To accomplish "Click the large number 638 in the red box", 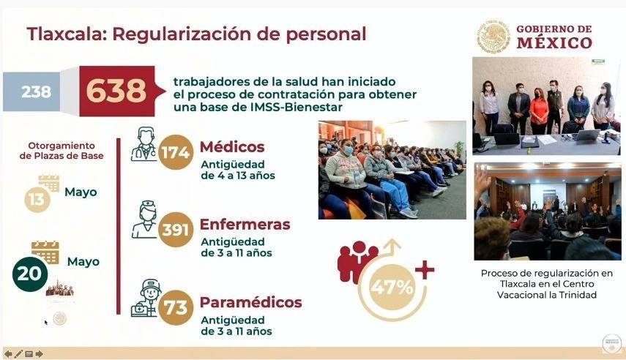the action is pyautogui.click(x=116, y=91).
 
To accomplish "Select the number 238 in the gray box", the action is pyautogui.click(x=37, y=91).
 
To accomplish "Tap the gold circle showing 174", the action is pyautogui.click(x=176, y=152).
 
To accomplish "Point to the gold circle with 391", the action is pyautogui.click(x=176, y=230).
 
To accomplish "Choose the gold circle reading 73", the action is pyautogui.click(x=176, y=307).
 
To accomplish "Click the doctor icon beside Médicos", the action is pyautogui.click(x=144, y=144).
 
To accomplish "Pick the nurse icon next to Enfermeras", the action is pyautogui.click(x=145, y=220).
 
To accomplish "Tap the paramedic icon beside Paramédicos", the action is pyautogui.click(x=146, y=298).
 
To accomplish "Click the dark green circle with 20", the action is pyautogui.click(x=30, y=274).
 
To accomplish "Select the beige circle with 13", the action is pyautogui.click(x=37, y=199).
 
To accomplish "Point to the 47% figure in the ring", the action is pyautogui.click(x=392, y=287).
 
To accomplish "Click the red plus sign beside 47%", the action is pyautogui.click(x=425, y=270).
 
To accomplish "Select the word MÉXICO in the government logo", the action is pyautogui.click(x=554, y=42).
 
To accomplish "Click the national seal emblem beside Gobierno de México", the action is pyautogui.click(x=494, y=37).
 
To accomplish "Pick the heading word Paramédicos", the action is pyautogui.click(x=250, y=302).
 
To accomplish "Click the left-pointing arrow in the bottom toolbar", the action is pyautogui.click(x=8, y=353).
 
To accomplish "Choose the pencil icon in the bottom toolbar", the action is pyautogui.click(x=18, y=353).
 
